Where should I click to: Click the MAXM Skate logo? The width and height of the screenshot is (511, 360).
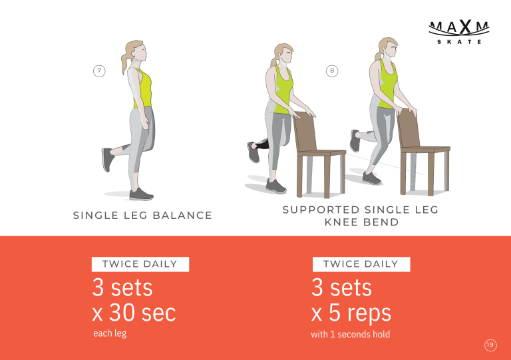(459, 32)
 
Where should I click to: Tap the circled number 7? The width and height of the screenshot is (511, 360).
(99, 71)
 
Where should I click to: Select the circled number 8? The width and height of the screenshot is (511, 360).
(332, 71)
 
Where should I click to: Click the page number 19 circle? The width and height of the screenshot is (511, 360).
(490, 345)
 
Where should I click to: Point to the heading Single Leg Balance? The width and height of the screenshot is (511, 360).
(142, 216)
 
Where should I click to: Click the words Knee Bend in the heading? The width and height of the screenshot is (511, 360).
(361, 222)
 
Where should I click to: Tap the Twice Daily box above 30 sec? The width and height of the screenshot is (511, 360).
(140, 264)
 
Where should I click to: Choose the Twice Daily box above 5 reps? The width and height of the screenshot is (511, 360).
(361, 264)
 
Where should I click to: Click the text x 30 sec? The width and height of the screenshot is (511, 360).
(134, 313)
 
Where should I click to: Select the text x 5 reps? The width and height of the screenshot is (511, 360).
(351, 313)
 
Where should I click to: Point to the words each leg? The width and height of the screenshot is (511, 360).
(110, 333)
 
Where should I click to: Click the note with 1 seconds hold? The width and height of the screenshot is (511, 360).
(351, 334)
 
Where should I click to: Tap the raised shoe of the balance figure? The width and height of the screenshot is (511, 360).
(108, 159)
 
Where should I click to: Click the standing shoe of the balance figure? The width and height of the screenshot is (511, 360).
(141, 194)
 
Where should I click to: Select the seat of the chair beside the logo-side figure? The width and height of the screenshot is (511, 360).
(425, 149)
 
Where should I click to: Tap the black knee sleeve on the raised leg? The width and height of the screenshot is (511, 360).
(261, 144)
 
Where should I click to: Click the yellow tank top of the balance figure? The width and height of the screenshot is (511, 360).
(143, 89)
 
